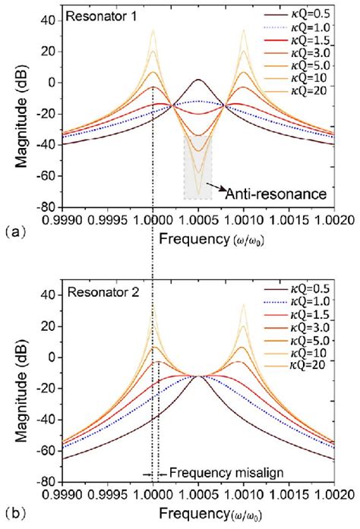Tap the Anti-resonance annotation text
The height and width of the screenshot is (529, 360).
(276, 195)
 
